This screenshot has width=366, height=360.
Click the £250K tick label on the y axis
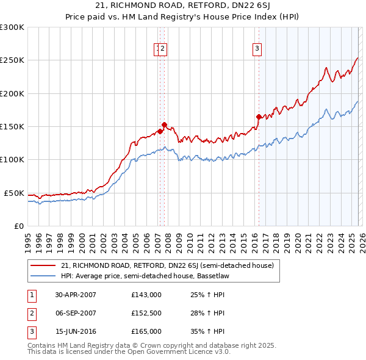[12, 60]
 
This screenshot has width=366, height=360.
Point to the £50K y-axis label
[14, 193]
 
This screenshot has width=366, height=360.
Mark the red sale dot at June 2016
[259, 117]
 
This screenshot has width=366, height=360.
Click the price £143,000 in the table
[146, 295]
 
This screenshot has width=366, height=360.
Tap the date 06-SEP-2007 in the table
[76, 313]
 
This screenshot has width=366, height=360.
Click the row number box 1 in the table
[30, 295]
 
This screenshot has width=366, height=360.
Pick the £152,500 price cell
[146, 313]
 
